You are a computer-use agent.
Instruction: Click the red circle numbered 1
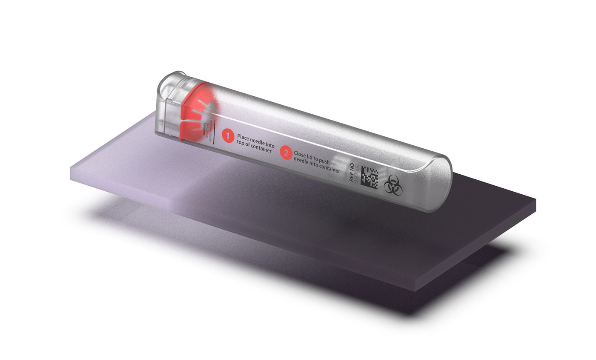pos(228,136)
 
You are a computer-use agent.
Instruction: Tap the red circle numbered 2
pos(286,153)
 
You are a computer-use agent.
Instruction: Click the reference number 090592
pos(357,173)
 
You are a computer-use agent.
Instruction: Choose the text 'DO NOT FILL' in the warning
pos(207,130)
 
